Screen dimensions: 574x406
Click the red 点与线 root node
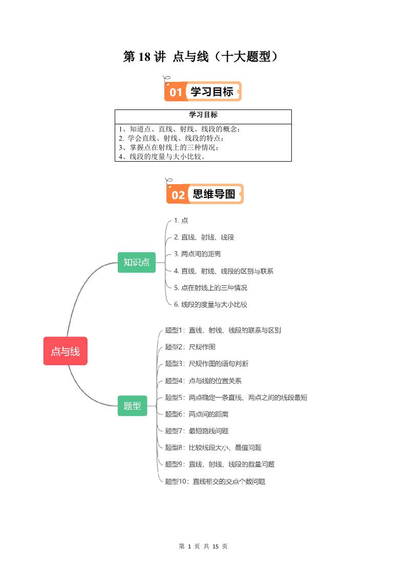[65, 351]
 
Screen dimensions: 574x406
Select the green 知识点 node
[137, 262]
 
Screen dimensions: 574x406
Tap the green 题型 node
[132, 406]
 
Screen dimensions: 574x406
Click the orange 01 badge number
[176, 92]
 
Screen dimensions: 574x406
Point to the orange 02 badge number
[178, 195]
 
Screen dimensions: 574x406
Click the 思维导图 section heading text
[213, 194]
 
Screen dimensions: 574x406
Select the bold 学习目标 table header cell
[203, 115]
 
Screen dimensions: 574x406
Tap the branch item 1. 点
[181, 220]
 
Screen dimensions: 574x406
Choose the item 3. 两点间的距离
[198, 254]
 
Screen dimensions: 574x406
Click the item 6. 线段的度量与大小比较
[210, 304]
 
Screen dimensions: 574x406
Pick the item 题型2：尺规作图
[183, 347]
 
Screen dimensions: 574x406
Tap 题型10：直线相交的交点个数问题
[215, 481]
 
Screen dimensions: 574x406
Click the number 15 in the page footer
[216, 546]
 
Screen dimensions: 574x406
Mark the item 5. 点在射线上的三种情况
[210, 288]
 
